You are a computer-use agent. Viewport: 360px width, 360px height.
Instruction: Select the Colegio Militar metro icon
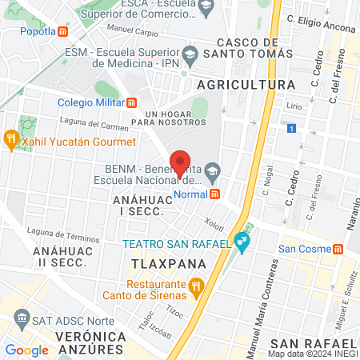point(133,102)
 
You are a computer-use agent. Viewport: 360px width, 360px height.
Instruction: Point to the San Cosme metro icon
point(339,249)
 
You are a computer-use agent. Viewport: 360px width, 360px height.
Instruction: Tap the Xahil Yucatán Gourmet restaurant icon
point(11,141)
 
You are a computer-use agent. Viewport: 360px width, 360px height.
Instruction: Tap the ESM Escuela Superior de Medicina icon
point(190,55)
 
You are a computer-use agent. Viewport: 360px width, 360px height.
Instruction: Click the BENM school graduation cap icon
point(212,169)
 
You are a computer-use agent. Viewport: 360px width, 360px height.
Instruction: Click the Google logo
point(27,350)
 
